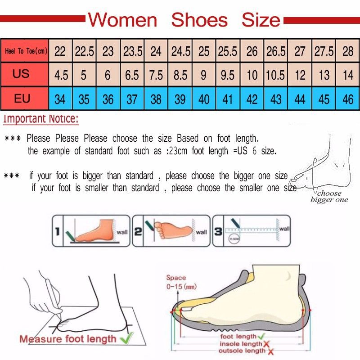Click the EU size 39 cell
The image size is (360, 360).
click(180, 99)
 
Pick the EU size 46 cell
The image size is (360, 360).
click(348, 99)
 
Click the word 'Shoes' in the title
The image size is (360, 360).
click(199, 20)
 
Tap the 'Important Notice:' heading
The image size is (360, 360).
click(41, 119)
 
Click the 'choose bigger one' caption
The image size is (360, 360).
click(329, 197)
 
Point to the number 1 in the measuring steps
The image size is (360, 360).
click(57, 232)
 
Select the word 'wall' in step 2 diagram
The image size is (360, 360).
click(201, 232)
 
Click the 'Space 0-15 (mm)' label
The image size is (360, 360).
click(180, 282)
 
